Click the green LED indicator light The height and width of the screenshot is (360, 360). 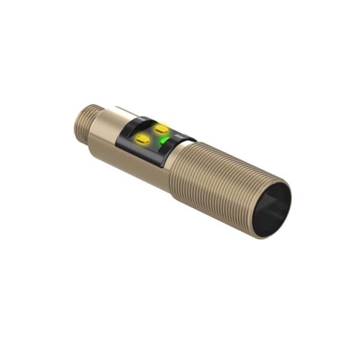[164, 142]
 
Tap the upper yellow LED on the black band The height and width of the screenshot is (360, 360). [161, 128]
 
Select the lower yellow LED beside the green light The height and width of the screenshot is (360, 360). [143, 139]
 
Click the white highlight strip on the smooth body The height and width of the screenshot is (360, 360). [123, 112]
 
